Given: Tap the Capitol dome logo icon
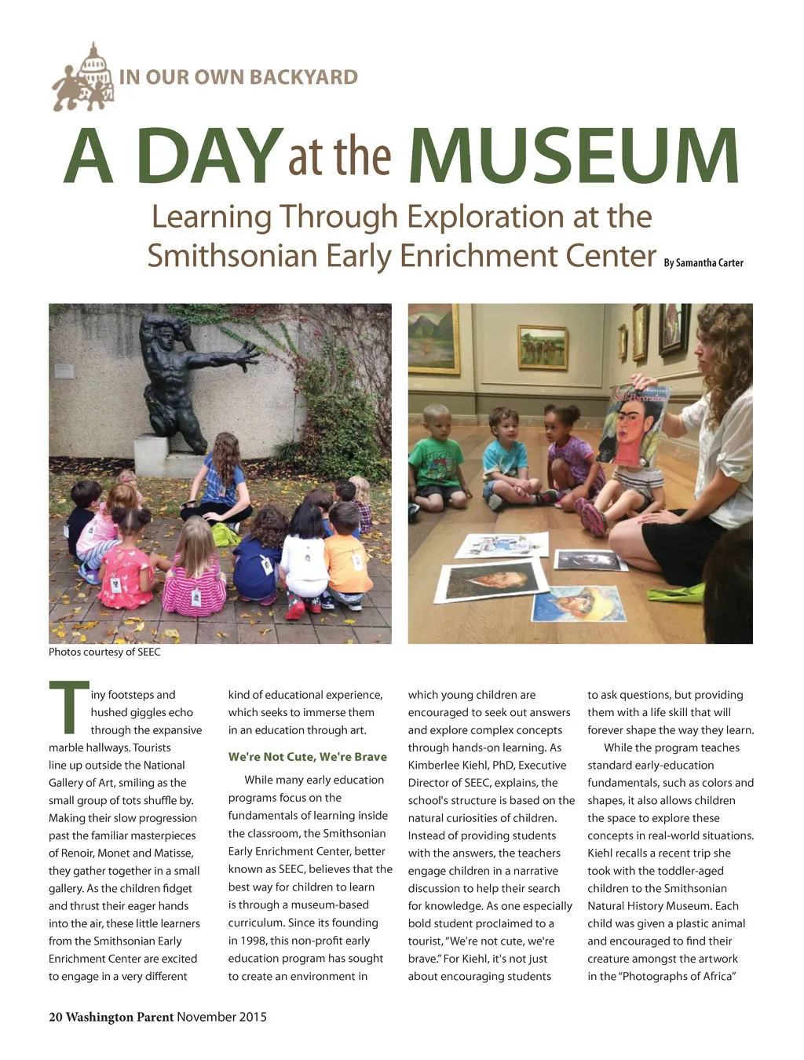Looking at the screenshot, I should [x=84, y=78].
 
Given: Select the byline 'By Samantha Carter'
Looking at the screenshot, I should [x=703, y=263].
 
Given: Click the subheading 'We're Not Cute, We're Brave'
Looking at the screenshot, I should [x=307, y=757].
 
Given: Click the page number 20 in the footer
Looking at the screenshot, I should [x=55, y=1017].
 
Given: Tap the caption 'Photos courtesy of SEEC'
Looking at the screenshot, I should [x=104, y=652].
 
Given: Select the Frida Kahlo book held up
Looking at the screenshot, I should [x=634, y=428].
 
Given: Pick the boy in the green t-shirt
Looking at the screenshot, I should [x=437, y=459].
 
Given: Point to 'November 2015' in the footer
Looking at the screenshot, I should [x=221, y=1017].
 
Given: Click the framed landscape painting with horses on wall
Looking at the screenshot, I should [x=543, y=345].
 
